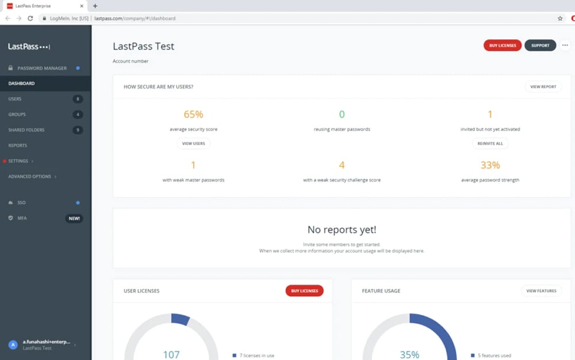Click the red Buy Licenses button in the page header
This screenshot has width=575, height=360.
point(503,45)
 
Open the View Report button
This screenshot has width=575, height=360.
point(543,87)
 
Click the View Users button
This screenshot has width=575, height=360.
point(193,143)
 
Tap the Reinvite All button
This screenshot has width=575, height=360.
point(490,143)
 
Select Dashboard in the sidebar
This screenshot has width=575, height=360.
point(21,83)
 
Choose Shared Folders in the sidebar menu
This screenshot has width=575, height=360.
point(26,130)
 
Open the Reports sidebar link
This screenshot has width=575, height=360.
point(18,145)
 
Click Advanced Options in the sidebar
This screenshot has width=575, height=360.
point(30,177)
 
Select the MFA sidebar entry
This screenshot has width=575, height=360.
point(22,219)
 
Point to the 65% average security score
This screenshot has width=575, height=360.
point(193,114)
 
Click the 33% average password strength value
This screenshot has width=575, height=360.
point(490,165)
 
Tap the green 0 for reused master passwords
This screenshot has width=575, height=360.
point(342,114)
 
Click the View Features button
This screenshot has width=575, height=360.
point(541,291)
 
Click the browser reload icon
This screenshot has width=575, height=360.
point(30,18)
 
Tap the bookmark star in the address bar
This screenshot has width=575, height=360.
point(560,18)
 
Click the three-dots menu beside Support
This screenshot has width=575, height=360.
point(565,45)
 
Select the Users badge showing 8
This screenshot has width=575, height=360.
point(78,99)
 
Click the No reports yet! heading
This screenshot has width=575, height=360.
point(342,230)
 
